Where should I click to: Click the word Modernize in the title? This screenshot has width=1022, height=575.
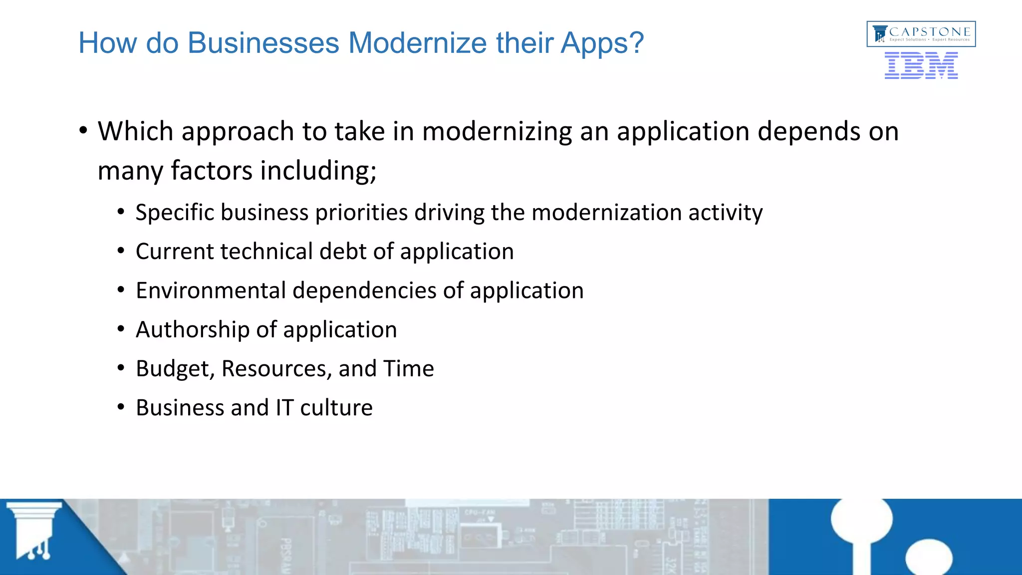click(x=417, y=43)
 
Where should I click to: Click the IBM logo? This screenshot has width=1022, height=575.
click(x=921, y=65)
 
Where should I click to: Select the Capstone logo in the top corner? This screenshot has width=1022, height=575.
click(x=921, y=34)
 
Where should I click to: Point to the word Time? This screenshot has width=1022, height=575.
click(x=409, y=369)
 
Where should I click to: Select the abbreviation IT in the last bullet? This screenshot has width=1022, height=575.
click(x=284, y=408)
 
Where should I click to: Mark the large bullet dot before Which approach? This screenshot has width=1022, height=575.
click(x=83, y=131)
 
